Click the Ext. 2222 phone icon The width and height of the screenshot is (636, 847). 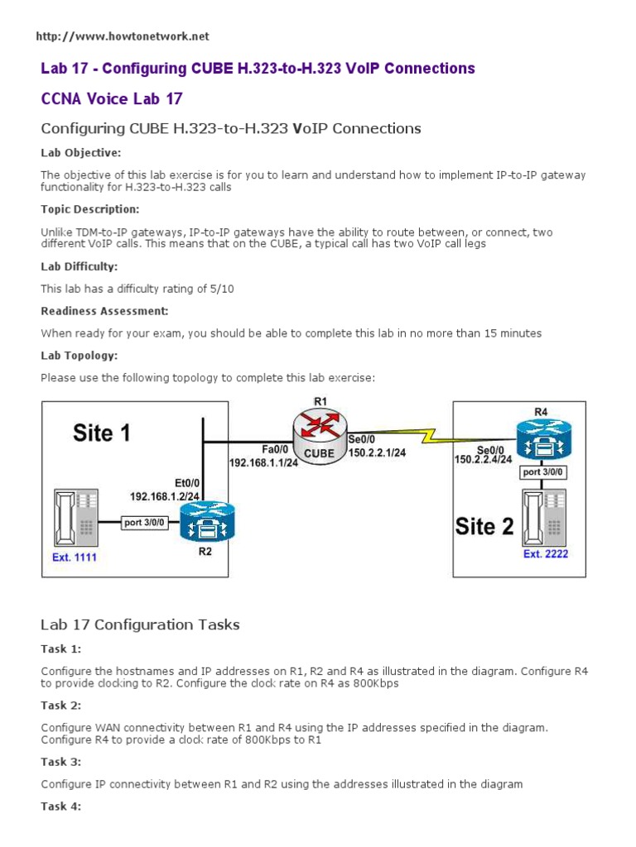coord(544,516)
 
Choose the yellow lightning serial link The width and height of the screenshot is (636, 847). coord(431,434)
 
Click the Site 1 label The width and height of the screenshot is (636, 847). coord(101,433)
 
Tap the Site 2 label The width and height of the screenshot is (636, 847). coord(485,527)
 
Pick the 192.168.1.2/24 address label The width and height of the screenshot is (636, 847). coord(166,496)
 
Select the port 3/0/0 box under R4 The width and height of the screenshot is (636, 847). coord(543,472)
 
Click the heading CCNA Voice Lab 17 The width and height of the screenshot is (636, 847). coord(112,99)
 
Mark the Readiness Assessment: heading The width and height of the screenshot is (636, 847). coord(105,311)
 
